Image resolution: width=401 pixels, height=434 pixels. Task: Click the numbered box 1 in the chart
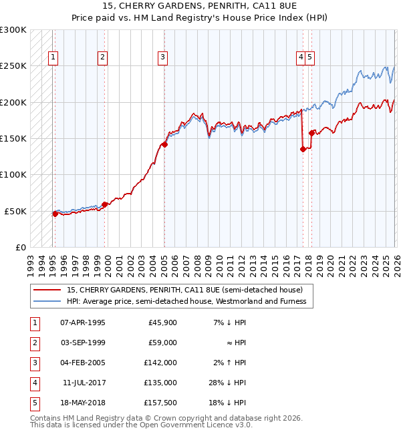click(53, 57)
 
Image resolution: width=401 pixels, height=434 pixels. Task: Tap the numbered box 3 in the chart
click(162, 57)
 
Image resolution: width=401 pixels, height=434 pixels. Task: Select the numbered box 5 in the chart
click(311, 57)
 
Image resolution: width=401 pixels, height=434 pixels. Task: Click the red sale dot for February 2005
click(164, 144)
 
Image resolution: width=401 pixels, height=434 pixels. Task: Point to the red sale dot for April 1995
click(55, 214)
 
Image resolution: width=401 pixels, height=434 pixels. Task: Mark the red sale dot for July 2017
click(303, 149)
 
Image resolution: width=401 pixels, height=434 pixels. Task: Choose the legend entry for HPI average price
click(186, 301)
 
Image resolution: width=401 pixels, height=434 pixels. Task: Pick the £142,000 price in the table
click(161, 363)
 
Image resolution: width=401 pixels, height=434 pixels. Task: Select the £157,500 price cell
click(161, 403)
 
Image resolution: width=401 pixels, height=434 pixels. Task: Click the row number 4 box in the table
click(33, 383)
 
